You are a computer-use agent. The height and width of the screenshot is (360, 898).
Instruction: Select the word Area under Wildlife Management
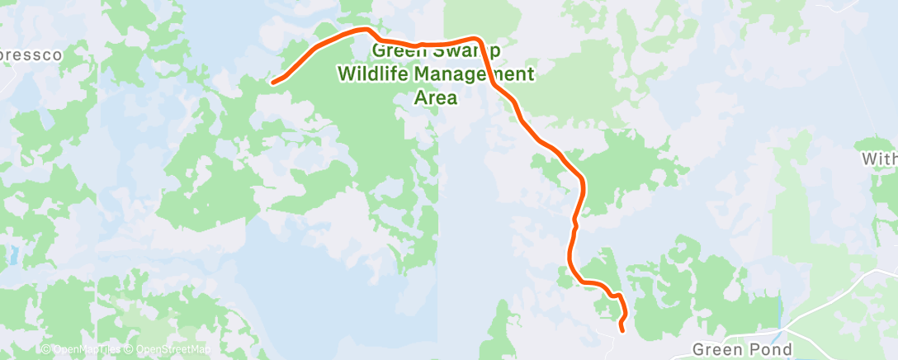coord(435,97)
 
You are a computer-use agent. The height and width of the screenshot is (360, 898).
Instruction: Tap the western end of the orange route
coord(273,81)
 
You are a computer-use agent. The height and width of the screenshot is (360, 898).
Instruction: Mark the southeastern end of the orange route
coord(622,330)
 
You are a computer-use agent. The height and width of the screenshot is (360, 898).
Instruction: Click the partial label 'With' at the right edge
coord(880,158)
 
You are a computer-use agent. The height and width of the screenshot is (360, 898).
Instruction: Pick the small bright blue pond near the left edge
coord(12,254)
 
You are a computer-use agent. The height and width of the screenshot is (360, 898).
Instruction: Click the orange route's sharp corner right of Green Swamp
coord(478,40)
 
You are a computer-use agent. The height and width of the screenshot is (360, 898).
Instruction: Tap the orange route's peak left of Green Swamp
coord(364,30)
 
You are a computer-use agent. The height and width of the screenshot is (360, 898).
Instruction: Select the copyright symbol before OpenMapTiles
coord(46,350)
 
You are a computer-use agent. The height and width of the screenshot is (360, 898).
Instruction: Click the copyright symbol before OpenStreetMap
coord(130,350)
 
